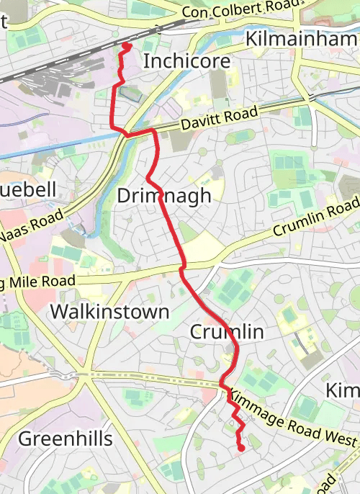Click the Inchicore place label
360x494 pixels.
coord(186,61)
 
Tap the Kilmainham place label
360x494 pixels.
coord(302,39)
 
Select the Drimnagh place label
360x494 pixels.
coord(164,195)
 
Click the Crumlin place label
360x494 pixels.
coord(227,331)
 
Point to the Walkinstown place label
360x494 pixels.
coord(109,312)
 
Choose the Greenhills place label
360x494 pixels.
coord(65,439)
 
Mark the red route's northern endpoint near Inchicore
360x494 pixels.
coord(126,46)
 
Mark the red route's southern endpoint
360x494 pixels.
coord(240,449)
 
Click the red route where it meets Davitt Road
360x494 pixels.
coord(153,130)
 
